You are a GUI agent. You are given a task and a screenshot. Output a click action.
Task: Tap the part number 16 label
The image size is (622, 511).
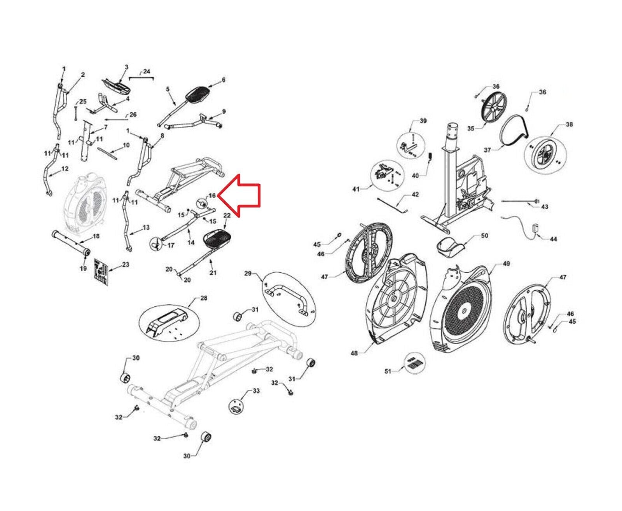[x=212, y=195]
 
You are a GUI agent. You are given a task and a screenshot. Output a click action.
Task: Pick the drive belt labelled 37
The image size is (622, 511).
[x=513, y=132]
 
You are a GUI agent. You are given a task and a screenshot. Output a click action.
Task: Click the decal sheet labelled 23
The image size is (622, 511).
[x=101, y=271]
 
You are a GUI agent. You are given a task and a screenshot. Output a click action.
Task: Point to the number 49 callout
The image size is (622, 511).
[x=506, y=263]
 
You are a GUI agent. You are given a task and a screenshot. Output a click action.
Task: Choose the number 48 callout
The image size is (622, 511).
[x=354, y=353]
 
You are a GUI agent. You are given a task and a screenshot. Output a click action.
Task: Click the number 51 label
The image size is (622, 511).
[x=388, y=371]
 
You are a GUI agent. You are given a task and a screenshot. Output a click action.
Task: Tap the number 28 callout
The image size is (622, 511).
[x=203, y=298]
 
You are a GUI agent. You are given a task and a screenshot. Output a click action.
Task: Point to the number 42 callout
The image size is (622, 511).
[x=415, y=194]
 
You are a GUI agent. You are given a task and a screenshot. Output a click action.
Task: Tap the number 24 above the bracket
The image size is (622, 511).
[x=146, y=72]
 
